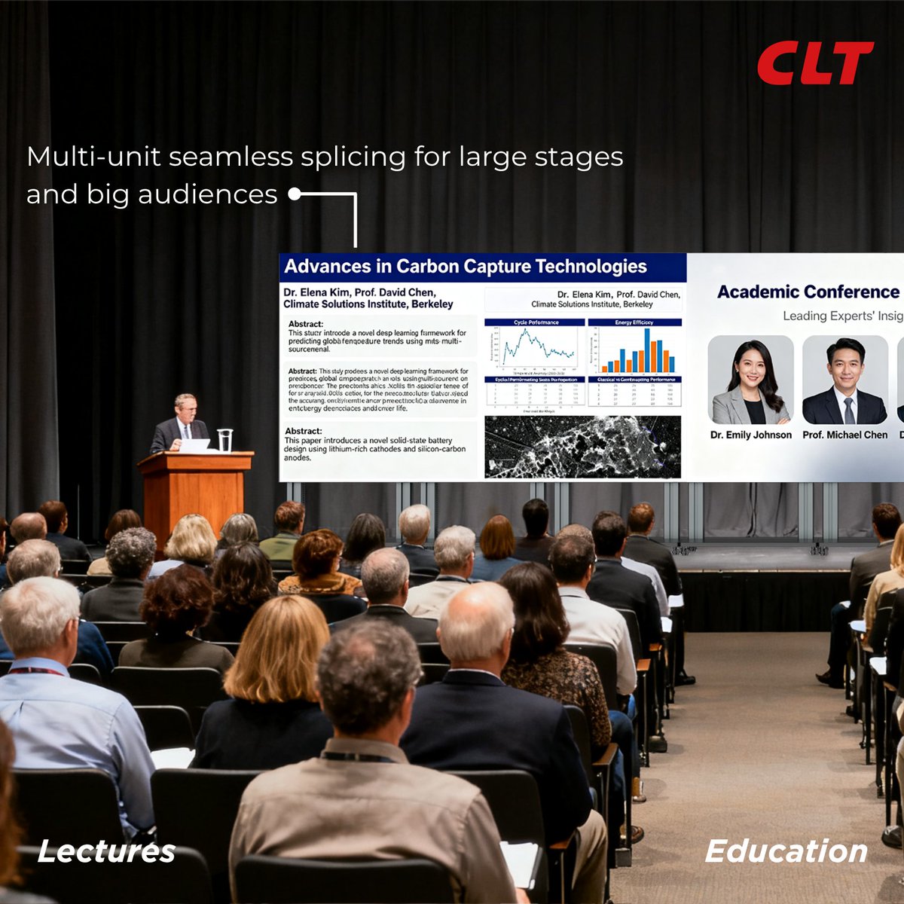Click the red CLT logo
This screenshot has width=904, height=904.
click(815, 63)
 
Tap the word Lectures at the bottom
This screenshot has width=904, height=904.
click(106, 851)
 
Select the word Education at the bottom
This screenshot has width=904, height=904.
click(786, 851)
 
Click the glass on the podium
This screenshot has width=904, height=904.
click(224, 440)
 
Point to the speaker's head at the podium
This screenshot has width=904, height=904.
click(185, 407)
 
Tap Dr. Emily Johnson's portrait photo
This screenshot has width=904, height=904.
click(751, 380)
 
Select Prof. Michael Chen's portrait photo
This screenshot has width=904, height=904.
click(844, 380)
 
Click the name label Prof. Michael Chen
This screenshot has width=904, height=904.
click(844, 435)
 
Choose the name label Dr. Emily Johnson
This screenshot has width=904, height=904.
click(751, 435)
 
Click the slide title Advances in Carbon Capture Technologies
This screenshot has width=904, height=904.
click(466, 267)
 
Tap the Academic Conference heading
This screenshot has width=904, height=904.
click(808, 292)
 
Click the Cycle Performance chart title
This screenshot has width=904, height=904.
click(536, 322)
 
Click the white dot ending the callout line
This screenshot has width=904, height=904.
click(295, 194)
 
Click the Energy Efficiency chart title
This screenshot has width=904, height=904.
click(634, 322)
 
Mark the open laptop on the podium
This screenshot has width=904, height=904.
click(194, 445)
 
